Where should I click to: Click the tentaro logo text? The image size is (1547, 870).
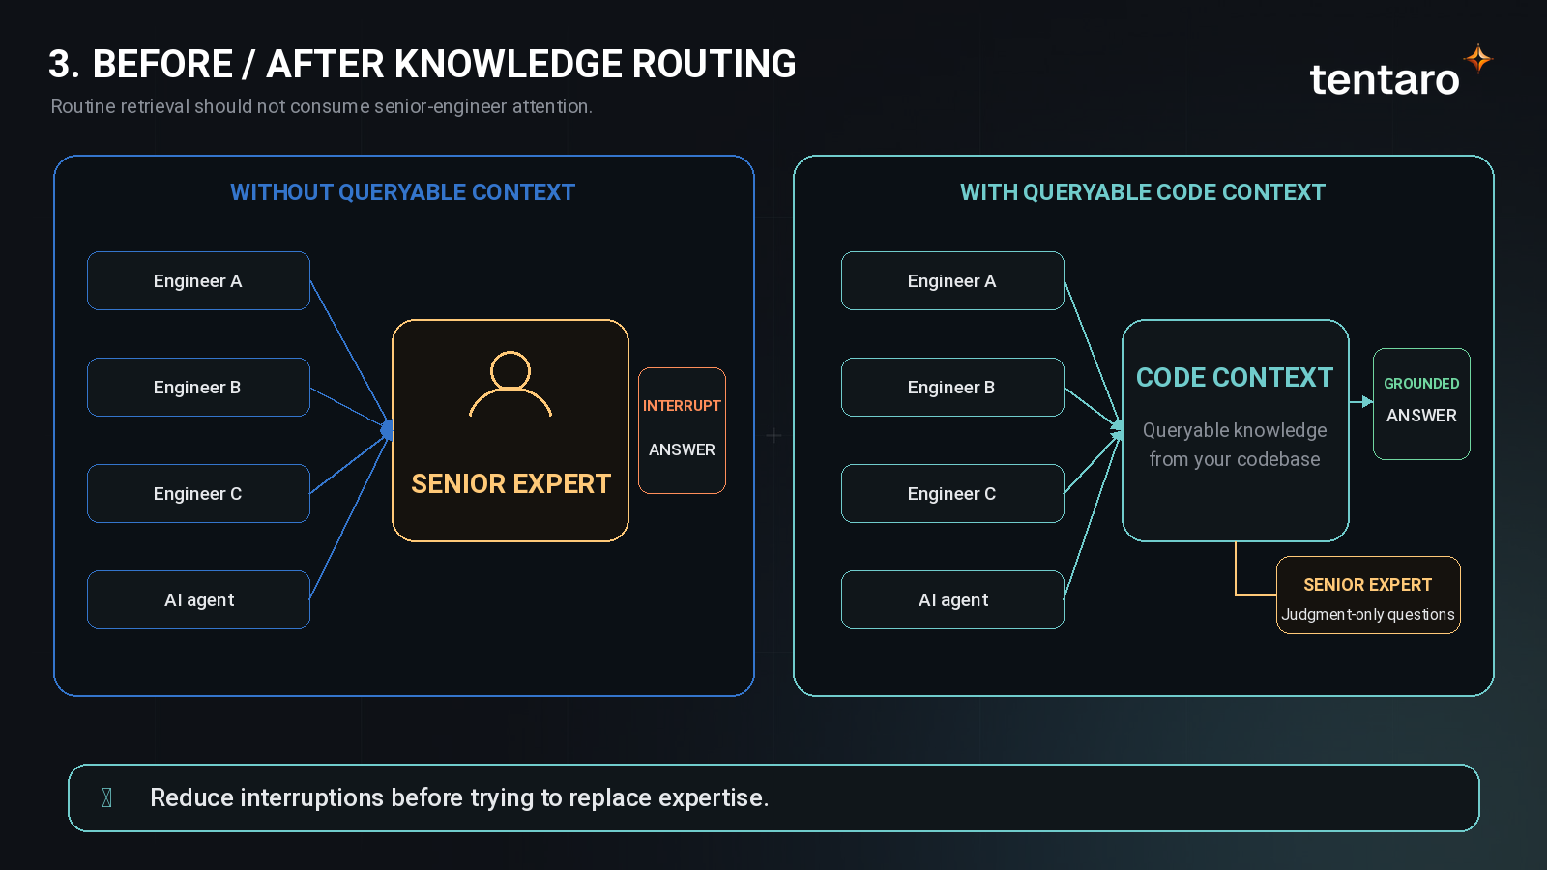1385,79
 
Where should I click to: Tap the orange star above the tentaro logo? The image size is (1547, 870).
1478,59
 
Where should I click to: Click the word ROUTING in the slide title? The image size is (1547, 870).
715,64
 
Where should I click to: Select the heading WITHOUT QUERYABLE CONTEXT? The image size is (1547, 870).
402,192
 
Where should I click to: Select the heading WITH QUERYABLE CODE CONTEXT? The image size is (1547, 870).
1143,192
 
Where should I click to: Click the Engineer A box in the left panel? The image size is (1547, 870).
198,281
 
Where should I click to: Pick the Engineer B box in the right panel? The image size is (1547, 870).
952,388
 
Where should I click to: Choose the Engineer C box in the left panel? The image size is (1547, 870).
198,494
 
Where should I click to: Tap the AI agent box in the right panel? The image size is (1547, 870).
952,600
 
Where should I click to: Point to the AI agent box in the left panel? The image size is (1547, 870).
198,600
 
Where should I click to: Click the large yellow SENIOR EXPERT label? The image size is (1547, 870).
511,484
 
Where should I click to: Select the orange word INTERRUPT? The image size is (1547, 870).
682,406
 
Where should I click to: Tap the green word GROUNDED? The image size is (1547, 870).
1421,384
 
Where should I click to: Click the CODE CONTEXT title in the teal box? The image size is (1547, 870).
1235,378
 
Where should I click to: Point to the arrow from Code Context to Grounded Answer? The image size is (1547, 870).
1361,401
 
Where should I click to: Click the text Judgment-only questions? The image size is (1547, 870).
1368,615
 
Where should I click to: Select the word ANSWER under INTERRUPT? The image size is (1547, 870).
682,450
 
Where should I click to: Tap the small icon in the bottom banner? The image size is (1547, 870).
106,798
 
